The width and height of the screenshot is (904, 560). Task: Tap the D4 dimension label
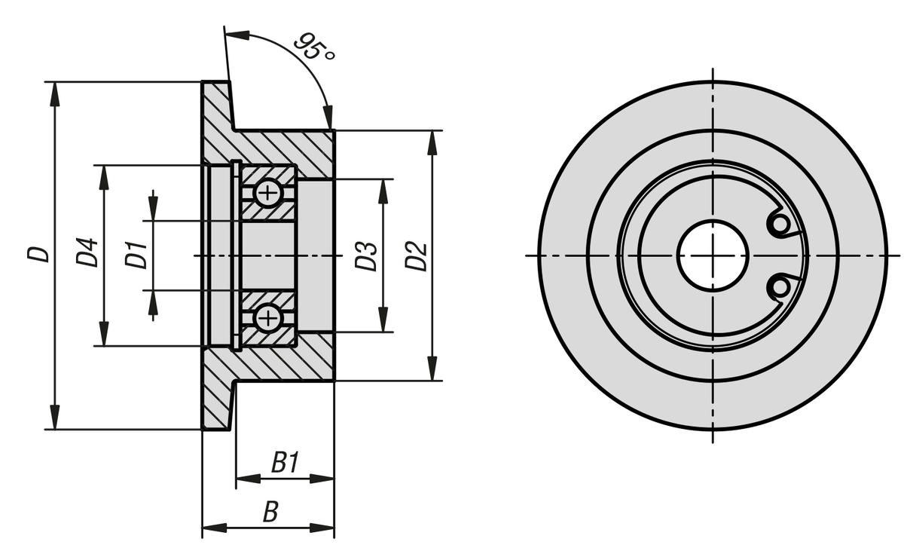pyautogui.click(x=88, y=252)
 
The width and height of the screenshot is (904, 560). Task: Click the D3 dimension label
pyautogui.click(x=366, y=256)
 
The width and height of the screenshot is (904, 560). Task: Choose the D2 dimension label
pyautogui.click(x=416, y=256)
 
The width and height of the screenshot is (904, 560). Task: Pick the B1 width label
pyautogui.click(x=286, y=463)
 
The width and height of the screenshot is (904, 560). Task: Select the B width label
pyautogui.click(x=270, y=513)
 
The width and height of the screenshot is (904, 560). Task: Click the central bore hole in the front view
pyautogui.click(x=712, y=256)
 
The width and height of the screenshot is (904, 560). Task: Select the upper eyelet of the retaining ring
pyautogui.click(x=780, y=225)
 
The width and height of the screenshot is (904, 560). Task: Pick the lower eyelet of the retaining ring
pyautogui.click(x=780, y=286)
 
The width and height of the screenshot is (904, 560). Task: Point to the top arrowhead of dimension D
pyautogui.click(x=54, y=91)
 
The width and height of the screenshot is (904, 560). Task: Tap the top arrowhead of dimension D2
pyautogui.click(x=432, y=141)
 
